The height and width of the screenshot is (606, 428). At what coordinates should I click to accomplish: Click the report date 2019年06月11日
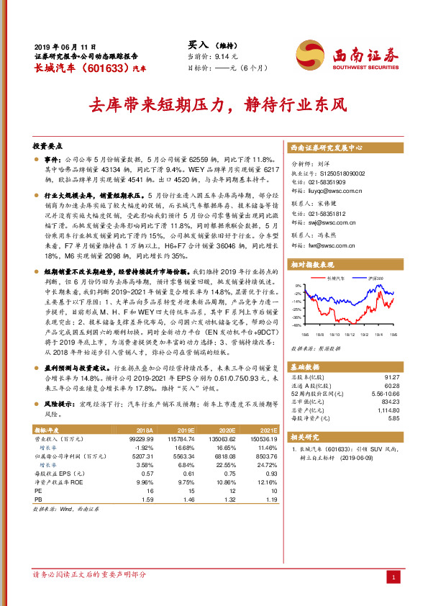[x=65, y=45]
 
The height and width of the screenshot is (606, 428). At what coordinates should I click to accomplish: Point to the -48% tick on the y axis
[x=296, y=325]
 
